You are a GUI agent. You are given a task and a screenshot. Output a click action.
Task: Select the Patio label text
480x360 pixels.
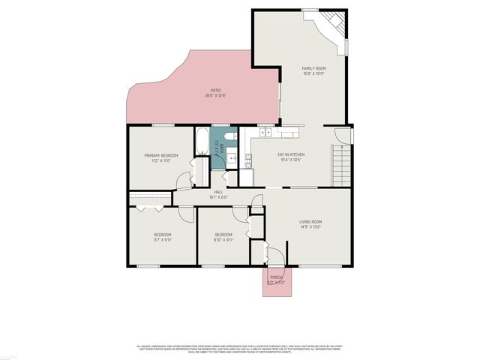point(215,93)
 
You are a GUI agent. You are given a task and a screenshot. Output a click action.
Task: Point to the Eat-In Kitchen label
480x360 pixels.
point(290,157)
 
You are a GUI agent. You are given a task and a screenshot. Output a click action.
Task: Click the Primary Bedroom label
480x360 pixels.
point(161,157)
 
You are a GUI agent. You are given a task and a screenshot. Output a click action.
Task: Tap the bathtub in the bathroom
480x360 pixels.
point(203,141)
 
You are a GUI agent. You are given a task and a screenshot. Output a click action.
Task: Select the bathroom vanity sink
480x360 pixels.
point(232,158)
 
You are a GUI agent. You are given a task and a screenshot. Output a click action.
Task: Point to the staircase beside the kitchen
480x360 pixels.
point(342,165)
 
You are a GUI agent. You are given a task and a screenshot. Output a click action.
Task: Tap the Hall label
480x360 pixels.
point(219,194)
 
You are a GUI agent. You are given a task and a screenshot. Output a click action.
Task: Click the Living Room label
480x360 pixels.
point(310,223)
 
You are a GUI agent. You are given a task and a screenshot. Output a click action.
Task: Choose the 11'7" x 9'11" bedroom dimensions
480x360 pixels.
point(163,241)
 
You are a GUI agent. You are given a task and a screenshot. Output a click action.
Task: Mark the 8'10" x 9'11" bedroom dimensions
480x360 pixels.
point(223,241)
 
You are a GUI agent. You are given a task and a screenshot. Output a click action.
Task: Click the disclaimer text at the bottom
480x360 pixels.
point(240,349)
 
